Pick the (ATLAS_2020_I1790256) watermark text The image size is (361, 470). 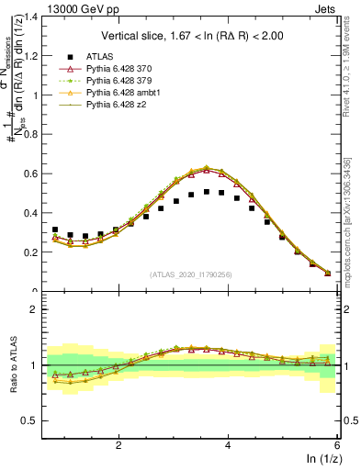190,274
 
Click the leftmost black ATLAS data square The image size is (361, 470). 55,229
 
